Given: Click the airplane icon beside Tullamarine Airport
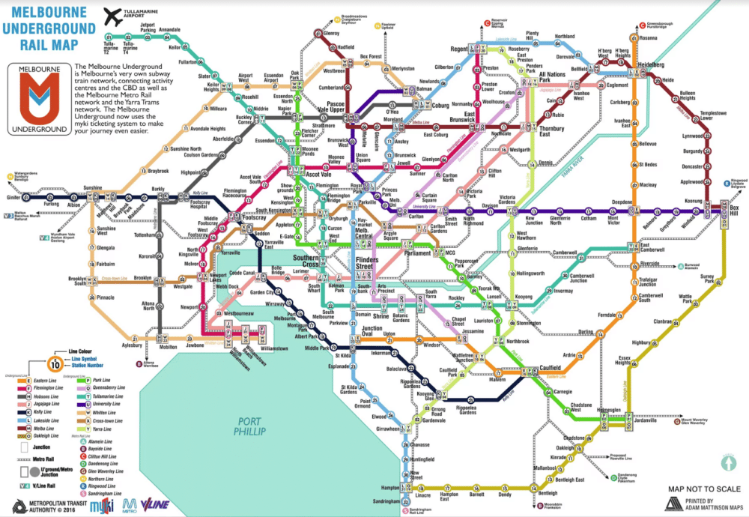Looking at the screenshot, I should coord(113,15).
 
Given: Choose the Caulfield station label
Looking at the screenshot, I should coord(551,368).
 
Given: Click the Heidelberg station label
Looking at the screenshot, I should coord(650,65).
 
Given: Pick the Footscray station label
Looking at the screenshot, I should coord(255,217).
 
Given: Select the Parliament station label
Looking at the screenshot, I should coord(416,253).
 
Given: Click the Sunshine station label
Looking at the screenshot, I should coord(92,187).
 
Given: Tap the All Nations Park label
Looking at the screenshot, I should coord(551,78).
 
